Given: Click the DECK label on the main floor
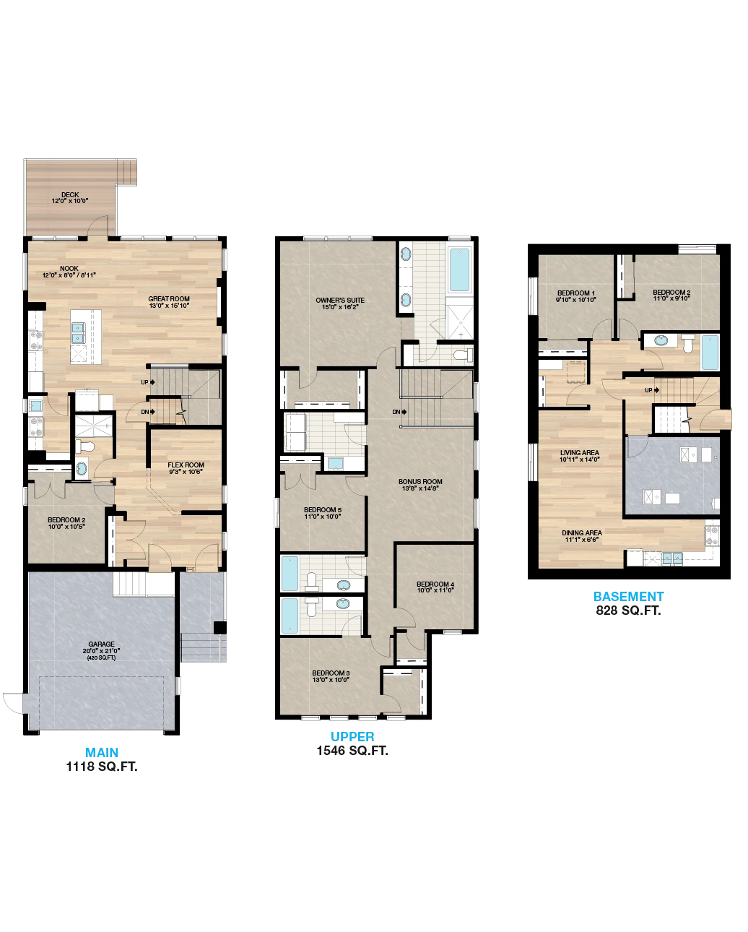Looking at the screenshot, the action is point(70,195).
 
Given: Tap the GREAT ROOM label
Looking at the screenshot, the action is point(169,299).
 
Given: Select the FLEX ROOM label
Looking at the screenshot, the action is point(186,465).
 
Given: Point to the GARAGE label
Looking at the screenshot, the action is point(102,644).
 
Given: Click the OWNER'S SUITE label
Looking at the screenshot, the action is point(340,300).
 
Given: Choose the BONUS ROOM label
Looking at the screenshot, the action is point(420,481).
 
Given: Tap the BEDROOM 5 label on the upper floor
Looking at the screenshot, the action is point(323,510).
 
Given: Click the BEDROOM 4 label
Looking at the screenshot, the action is point(435,584).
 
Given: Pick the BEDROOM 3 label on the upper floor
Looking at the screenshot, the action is point(331,673).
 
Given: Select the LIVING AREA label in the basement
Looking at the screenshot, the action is point(580,452).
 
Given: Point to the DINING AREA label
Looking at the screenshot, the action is point(582,532).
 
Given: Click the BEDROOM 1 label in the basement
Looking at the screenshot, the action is point(576,293).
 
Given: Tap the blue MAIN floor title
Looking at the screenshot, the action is point(102,752).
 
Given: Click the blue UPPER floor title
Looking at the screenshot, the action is point(352,736).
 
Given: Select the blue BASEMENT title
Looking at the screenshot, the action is point(629,596).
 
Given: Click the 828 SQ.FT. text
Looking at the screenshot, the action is point(629,610).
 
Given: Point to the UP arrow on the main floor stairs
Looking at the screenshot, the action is point(152,382).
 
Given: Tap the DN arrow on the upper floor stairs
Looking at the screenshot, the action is point(404,412).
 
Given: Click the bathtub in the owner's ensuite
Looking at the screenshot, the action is point(459,269).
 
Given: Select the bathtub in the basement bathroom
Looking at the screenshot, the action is point(710,352).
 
